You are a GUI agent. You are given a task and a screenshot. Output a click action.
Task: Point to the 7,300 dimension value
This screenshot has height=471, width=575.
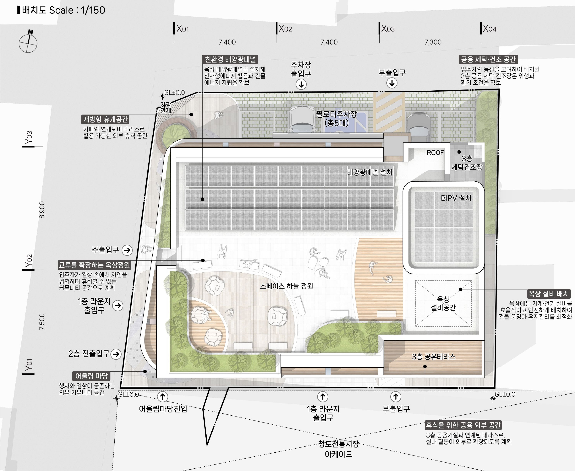point(433,42)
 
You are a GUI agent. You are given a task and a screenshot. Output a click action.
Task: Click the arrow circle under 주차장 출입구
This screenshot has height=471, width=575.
point(301,84)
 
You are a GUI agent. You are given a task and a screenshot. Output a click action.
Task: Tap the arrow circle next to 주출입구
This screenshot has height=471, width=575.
point(127,250)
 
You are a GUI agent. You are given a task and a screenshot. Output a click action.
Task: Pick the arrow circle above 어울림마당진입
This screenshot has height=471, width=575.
point(163,397)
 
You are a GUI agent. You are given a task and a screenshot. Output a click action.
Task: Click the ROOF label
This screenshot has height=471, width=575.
point(435,153)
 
